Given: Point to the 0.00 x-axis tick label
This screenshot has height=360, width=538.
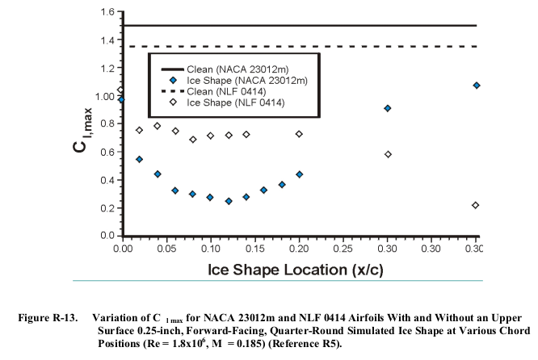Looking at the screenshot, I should (123, 250).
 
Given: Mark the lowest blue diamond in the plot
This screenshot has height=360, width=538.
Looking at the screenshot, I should (229, 201).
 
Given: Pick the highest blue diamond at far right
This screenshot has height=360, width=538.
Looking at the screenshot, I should (477, 85).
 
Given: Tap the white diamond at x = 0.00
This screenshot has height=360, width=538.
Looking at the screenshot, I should (121, 90).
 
